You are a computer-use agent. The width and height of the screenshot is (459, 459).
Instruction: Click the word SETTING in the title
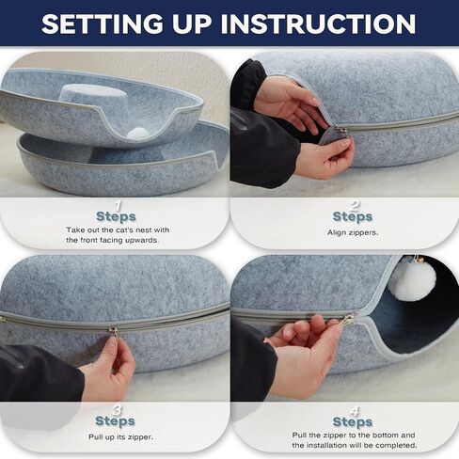(103, 24)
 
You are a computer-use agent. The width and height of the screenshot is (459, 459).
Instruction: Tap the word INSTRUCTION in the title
(318, 24)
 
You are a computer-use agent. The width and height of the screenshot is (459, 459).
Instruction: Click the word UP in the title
(192, 24)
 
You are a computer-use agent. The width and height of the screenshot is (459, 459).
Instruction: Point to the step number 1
(118, 205)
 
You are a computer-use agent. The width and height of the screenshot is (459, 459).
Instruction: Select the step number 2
(355, 205)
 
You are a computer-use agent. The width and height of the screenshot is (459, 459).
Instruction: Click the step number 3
(117, 410)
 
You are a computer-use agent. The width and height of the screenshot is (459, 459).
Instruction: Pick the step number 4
(355, 411)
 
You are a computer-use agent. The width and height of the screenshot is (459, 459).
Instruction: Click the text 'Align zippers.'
(353, 232)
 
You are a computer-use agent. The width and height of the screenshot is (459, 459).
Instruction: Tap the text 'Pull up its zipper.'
(120, 437)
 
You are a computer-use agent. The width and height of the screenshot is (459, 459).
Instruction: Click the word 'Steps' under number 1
(116, 216)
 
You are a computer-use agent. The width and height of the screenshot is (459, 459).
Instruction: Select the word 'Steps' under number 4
(353, 422)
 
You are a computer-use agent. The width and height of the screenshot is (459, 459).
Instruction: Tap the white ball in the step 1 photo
(138, 134)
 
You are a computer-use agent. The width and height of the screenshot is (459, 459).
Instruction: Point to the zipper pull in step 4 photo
(349, 320)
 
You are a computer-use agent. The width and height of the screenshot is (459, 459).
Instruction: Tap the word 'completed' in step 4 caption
(396, 446)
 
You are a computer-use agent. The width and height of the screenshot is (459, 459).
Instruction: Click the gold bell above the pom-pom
(419, 260)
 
